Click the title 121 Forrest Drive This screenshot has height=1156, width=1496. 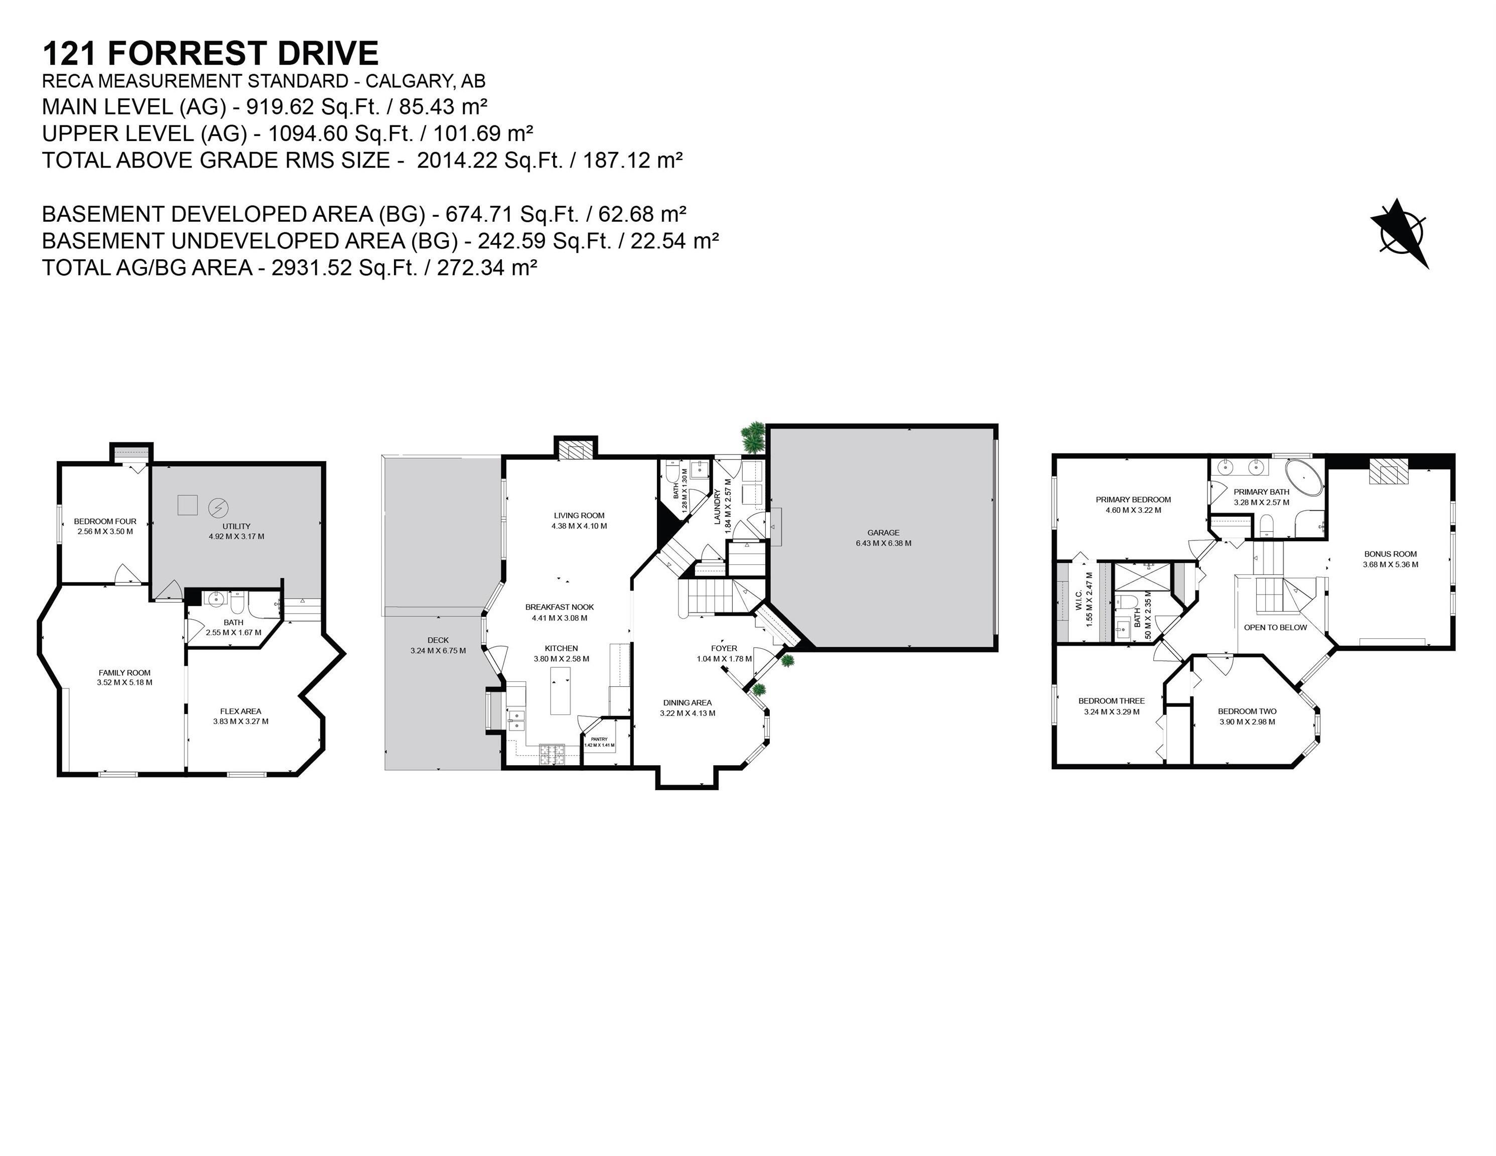(x=210, y=53)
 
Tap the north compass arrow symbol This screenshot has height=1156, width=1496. (x=1401, y=234)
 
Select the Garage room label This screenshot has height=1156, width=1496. (x=883, y=532)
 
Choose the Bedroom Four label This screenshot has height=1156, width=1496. (x=105, y=521)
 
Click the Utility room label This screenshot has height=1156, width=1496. (x=236, y=526)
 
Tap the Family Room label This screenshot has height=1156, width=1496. (x=124, y=672)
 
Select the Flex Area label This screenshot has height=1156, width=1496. (x=240, y=711)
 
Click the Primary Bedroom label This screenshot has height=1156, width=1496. (x=1133, y=500)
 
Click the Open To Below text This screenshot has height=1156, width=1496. (x=1275, y=627)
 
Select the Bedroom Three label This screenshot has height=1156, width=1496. (x=1111, y=700)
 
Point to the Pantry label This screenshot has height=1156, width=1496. (x=599, y=739)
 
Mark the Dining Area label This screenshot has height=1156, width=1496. (x=687, y=702)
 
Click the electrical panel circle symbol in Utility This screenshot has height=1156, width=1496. (x=218, y=507)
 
